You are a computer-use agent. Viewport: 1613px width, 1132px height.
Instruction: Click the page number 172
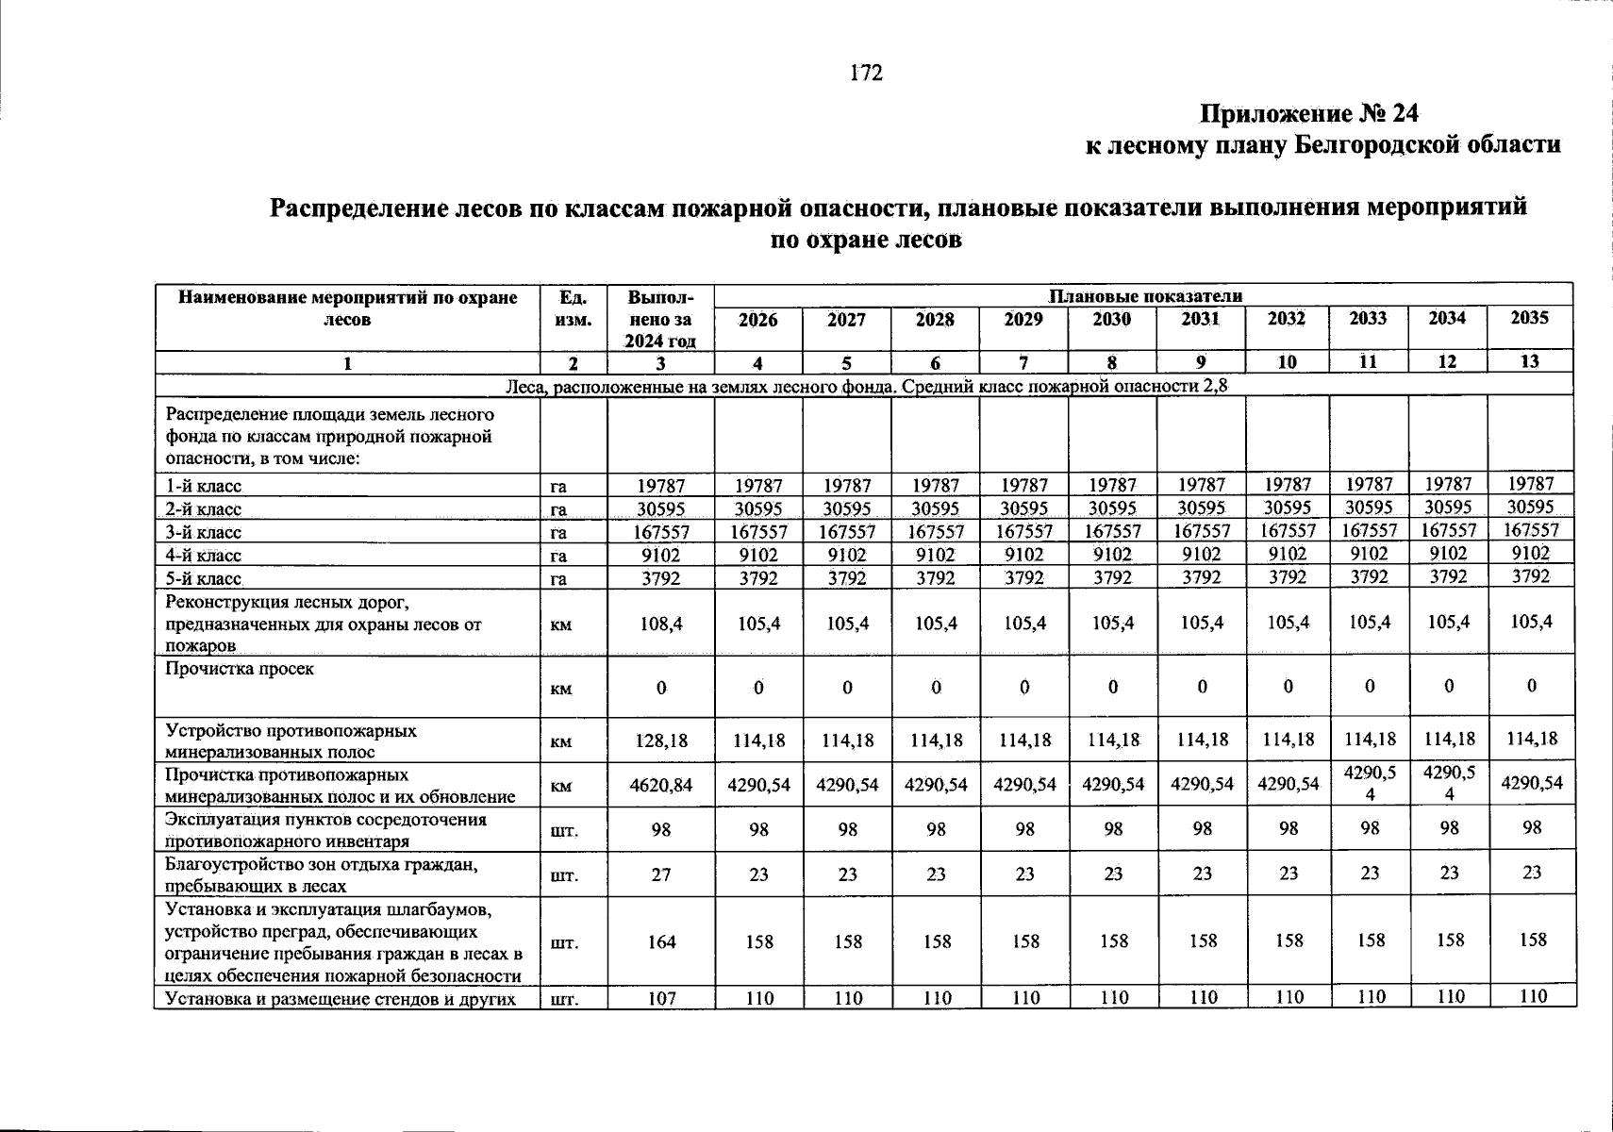click(866, 74)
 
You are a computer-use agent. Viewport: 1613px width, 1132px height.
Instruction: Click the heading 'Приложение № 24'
click(1308, 114)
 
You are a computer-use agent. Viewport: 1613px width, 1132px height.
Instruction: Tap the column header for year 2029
click(1023, 320)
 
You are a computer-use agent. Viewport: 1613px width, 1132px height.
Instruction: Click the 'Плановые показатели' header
click(1144, 296)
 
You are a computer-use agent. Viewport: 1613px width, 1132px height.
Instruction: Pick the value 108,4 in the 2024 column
click(661, 624)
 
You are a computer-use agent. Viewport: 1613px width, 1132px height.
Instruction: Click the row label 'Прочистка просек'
click(240, 669)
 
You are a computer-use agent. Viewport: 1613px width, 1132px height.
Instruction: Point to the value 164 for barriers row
click(661, 941)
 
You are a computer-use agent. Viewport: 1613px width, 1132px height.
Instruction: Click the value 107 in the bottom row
click(661, 998)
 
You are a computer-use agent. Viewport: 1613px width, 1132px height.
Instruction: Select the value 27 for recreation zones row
click(661, 875)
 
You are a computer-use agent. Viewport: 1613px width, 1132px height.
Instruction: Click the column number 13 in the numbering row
click(1530, 361)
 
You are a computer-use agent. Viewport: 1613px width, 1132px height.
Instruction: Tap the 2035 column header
click(1530, 318)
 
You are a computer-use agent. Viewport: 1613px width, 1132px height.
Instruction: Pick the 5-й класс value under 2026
click(758, 578)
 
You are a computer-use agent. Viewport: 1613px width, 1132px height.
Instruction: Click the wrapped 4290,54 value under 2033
click(1370, 783)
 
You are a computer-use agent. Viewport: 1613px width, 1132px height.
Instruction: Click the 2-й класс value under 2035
click(1530, 507)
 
